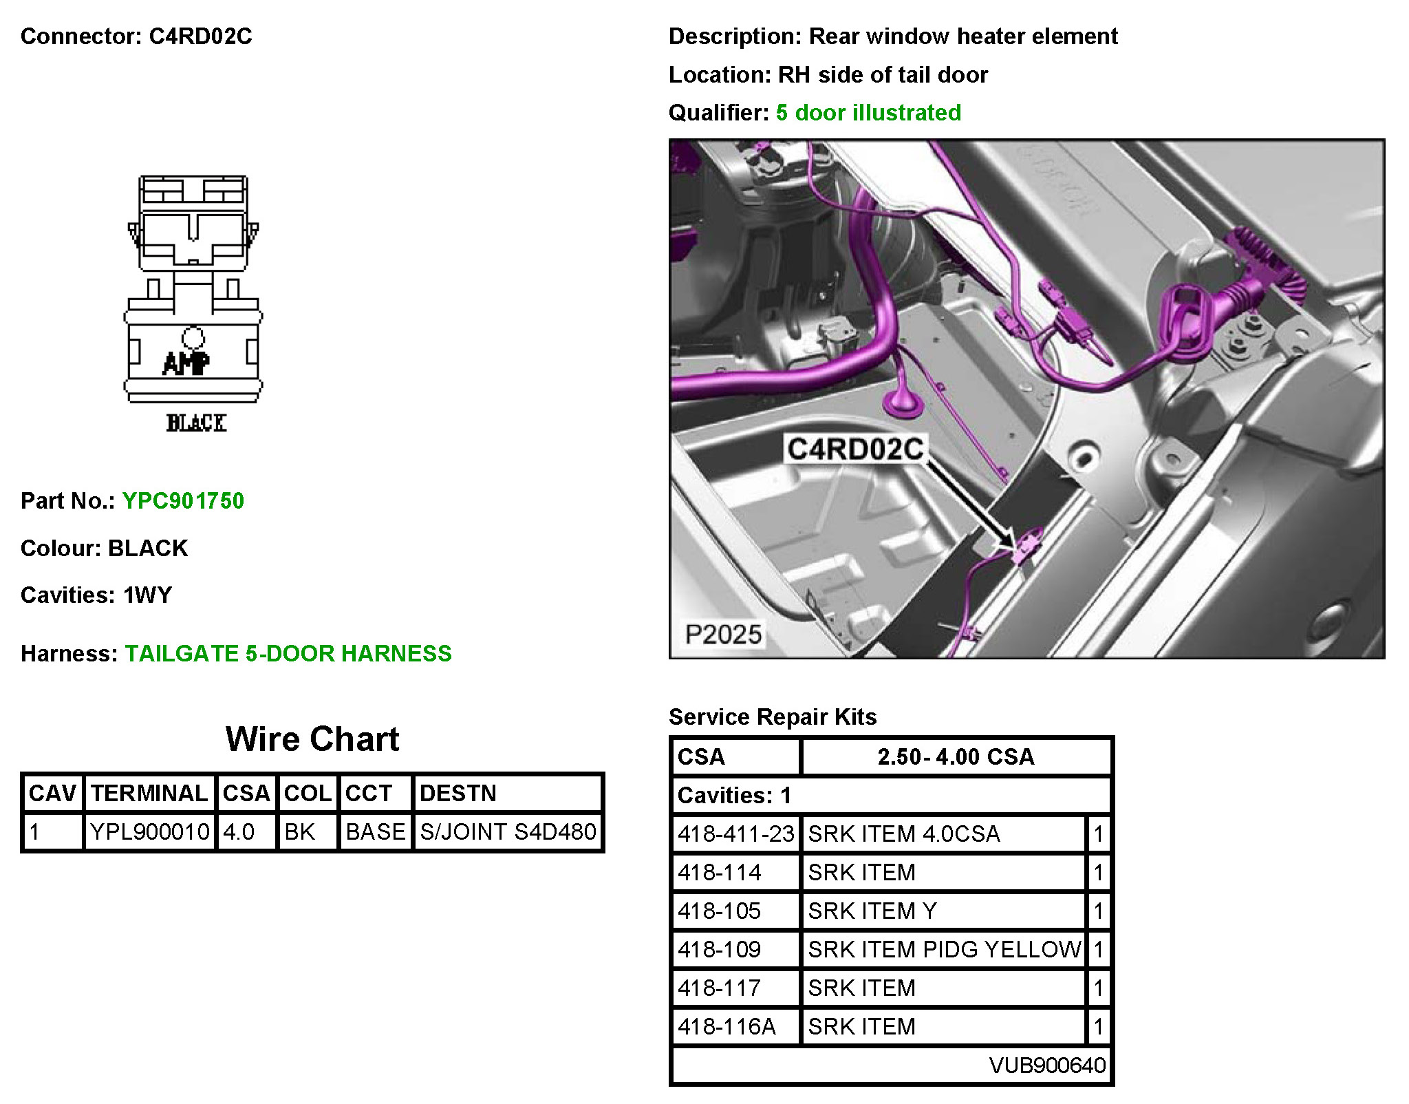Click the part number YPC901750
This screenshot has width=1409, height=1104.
[183, 500]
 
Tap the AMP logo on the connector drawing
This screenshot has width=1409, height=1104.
[186, 363]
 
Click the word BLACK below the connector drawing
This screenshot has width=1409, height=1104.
[196, 423]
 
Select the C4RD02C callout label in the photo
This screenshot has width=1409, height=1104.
[855, 449]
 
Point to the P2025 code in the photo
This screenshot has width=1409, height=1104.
[723, 634]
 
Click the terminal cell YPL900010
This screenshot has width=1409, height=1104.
[149, 831]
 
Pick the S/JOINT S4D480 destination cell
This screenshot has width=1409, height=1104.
[508, 831]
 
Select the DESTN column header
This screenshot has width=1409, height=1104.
[458, 793]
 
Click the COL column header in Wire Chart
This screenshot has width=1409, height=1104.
[308, 793]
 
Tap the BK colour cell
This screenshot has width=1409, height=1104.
[299, 831]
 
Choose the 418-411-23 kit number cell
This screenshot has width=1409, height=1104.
[735, 834]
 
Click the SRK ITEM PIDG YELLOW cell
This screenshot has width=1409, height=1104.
[944, 949]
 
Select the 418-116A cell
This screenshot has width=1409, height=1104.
[727, 1026]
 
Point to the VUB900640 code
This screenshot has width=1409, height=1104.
[1047, 1065]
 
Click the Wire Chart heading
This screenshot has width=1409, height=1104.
[312, 739]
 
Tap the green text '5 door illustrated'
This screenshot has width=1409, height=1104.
[868, 112]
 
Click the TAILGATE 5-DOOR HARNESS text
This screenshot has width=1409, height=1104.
[288, 653]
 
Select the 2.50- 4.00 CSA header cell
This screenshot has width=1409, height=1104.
[956, 756]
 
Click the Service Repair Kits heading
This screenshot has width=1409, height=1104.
[773, 716]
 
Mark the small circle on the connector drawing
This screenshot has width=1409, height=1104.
[193, 337]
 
